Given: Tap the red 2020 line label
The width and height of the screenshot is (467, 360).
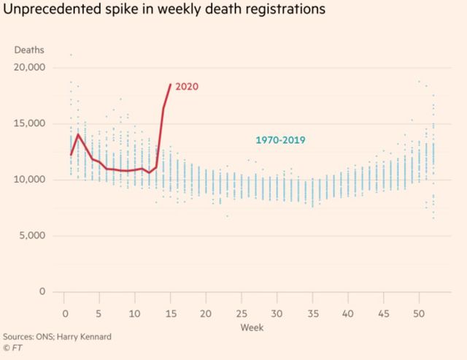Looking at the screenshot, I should point(187,86).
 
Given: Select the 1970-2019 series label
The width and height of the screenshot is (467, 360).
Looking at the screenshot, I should point(280,139).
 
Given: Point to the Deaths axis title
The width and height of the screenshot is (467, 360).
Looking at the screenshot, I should point(29,50).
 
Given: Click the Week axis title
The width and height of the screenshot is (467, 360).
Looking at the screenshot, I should point(252,327).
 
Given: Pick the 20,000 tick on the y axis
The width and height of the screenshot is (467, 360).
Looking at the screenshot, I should point(30,67).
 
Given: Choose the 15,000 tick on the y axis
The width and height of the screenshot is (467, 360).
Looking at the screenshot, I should point(30,123).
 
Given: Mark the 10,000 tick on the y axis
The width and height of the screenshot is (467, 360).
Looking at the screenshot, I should point(30,180).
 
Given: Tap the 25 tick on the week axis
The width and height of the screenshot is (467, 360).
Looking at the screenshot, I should point(241,313).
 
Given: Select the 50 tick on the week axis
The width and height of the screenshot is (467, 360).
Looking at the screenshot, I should point(418,313).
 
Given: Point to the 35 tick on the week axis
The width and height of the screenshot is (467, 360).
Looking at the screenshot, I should point(312,313).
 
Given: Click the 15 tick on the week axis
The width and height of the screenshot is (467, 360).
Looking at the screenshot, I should point(170,313).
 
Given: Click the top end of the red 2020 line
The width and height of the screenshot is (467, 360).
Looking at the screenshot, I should point(170,84).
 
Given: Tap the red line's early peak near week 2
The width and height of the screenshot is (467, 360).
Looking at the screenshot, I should point(78,134).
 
